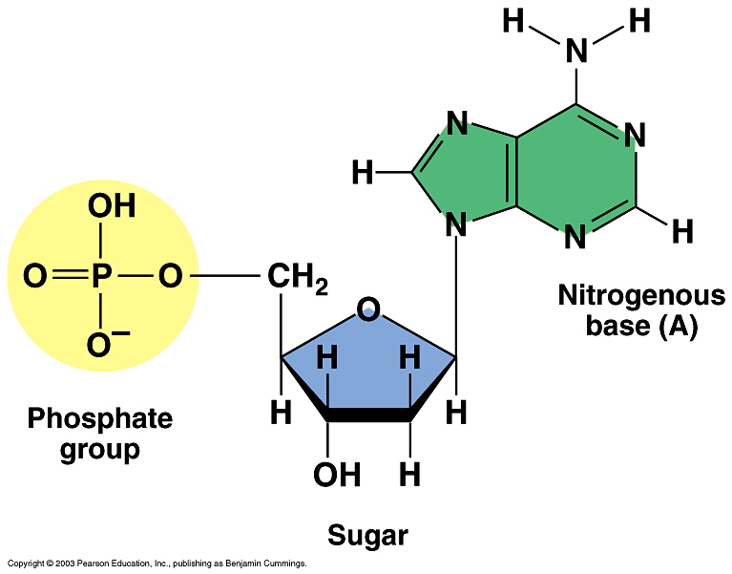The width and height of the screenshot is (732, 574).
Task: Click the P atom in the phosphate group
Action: click(101, 278)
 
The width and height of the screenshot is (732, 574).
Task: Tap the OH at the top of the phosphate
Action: click(112, 206)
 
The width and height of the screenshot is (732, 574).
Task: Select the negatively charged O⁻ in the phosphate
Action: click(99, 344)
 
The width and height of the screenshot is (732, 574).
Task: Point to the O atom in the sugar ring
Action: click(367, 308)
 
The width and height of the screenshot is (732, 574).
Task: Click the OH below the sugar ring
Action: click(337, 474)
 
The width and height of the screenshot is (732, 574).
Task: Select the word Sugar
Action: click(367, 536)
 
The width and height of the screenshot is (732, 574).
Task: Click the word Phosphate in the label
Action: click(99, 418)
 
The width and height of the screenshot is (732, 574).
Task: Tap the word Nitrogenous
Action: click(640, 296)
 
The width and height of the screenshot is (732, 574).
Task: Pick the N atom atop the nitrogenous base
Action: click(576, 51)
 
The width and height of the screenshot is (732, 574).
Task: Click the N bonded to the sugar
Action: click(456, 226)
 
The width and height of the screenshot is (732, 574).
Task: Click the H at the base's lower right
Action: click(681, 230)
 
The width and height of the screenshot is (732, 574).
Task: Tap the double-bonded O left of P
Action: click(34, 278)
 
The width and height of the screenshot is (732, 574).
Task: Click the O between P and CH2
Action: click(170, 278)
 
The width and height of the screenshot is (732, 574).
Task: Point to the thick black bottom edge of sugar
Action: click(367, 415)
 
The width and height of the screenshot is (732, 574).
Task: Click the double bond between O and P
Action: click(68, 278)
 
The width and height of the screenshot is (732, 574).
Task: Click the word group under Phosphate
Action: click(99, 449)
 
